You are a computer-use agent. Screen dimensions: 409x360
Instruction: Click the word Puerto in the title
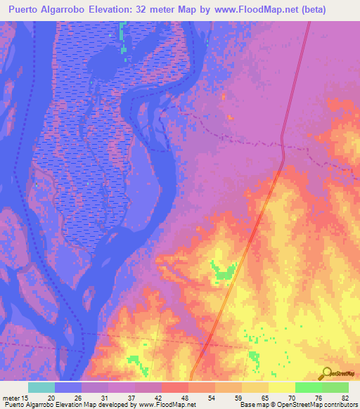[23, 9]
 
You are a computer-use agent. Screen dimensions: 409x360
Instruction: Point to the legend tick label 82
[344, 397]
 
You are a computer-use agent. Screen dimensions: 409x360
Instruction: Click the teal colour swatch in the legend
[41, 387]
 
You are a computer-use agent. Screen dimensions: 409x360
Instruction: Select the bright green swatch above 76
[308, 387]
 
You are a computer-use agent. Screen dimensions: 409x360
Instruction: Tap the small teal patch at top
[124, 37]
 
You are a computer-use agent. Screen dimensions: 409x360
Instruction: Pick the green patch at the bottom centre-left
[135, 362]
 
